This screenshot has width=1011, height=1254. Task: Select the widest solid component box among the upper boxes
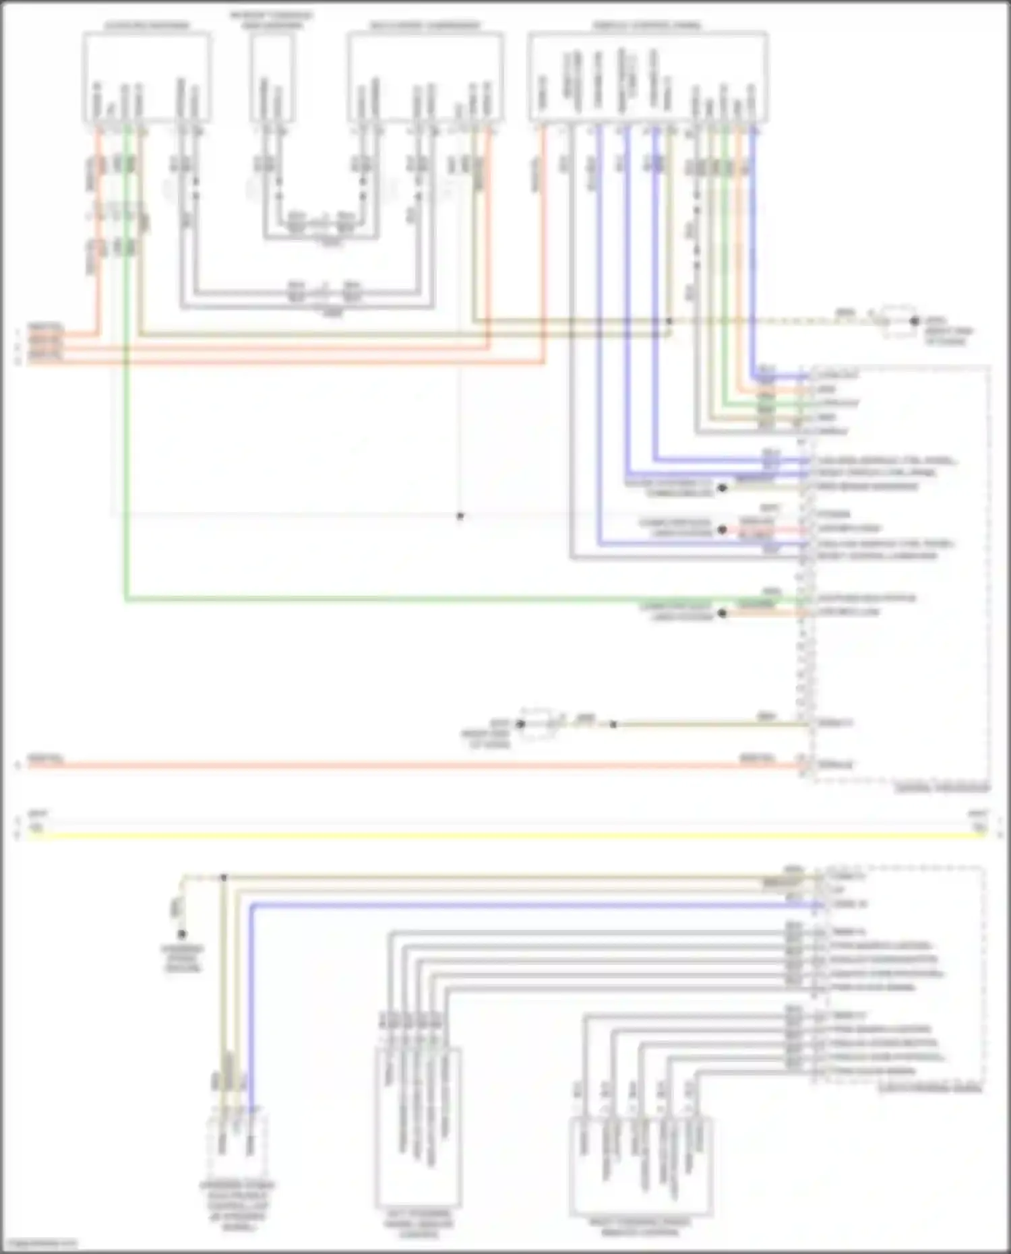click(x=647, y=77)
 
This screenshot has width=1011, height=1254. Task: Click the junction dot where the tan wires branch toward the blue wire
click(x=224, y=877)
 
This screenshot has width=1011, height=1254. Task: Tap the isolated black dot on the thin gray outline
click(x=460, y=516)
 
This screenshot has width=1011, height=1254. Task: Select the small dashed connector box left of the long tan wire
click(x=537, y=724)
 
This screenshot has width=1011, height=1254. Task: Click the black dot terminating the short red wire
click(x=723, y=530)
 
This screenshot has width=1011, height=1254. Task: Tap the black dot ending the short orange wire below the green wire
click(x=723, y=613)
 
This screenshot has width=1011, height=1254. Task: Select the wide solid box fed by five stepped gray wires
click(x=641, y=1166)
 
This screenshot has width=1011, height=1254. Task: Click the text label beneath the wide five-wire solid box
click(x=640, y=1226)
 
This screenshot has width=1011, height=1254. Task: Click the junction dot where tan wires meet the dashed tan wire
click(x=669, y=321)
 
